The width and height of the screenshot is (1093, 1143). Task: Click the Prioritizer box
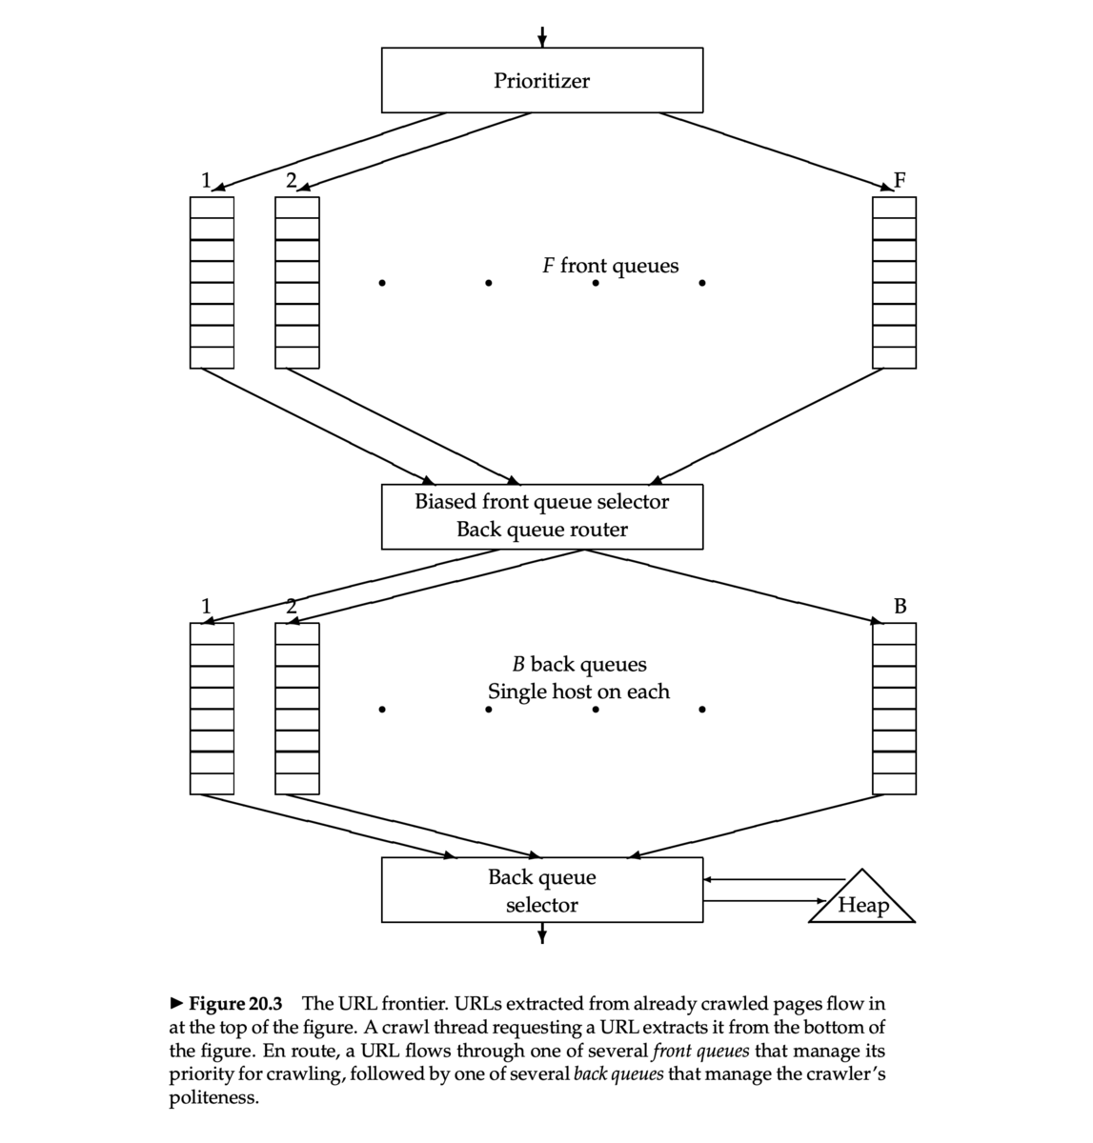tap(541, 81)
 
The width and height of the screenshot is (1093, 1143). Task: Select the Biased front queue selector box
tap(541, 515)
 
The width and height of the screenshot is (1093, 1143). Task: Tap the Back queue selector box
tap(541, 890)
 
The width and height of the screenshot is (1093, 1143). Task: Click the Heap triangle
tap(862, 901)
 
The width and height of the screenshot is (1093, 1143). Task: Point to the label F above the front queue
tap(900, 180)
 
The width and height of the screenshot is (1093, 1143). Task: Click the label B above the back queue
tap(901, 605)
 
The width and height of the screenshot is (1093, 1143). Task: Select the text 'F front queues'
tap(610, 265)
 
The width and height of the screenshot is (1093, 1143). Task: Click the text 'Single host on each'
tap(578, 692)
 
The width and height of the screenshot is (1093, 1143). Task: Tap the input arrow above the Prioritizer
tap(542, 35)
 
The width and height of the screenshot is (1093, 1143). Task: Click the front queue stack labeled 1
tap(212, 282)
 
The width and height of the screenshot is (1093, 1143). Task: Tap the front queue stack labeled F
tap(894, 282)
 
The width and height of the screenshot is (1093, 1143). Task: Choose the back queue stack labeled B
tap(894, 708)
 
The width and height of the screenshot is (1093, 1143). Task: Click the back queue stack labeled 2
tap(297, 708)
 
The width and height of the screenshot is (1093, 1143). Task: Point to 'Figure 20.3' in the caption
tap(234, 1004)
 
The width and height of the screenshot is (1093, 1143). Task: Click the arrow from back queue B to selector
tap(762, 825)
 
